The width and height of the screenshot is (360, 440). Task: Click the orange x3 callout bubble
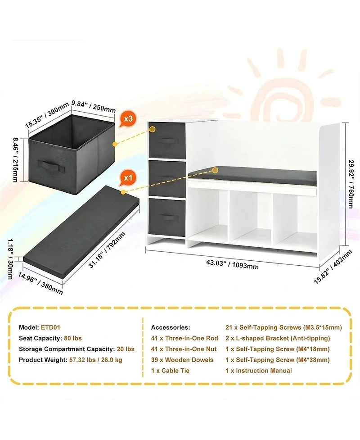(x=127, y=119)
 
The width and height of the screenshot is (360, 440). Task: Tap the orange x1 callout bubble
(x=127, y=178)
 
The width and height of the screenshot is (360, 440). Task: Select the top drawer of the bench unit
(x=167, y=141)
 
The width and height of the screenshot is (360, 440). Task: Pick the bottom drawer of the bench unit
(x=167, y=218)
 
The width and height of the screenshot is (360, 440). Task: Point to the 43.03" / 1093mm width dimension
(x=233, y=264)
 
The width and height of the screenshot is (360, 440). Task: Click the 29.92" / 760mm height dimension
(x=350, y=184)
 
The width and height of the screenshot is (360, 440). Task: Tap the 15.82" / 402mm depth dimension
(x=333, y=267)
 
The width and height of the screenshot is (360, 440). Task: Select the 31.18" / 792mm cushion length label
(x=107, y=250)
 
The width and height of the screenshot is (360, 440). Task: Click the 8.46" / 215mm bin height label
(x=15, y=160)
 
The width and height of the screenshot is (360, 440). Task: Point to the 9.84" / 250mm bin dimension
(x=93, y=106)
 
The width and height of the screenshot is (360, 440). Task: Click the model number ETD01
(x=50, y=327)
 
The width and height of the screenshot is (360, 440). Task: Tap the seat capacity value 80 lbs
(x=72, y=338)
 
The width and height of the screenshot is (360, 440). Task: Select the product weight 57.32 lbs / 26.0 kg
(x=95, y=360)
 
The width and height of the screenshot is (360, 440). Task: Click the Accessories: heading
(x=171, y=327)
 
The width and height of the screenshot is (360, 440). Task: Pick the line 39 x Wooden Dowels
(x=182, y=360)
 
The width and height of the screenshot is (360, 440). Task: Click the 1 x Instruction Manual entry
(x=259, y=371)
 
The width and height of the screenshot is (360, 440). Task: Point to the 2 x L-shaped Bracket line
(x=278, y=338)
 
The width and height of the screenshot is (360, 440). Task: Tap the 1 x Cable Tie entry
(x=170, y=371)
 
